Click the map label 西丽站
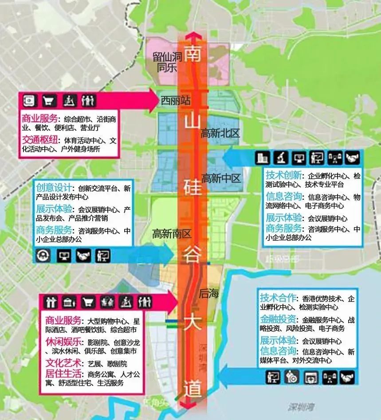coord(176,101)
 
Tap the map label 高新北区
coord(220,132)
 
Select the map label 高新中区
coord(221,179)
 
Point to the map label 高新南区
coord(171,233)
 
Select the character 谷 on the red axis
coord(192,255)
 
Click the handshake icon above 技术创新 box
coord(352,157)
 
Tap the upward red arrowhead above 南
coord(192,36)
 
